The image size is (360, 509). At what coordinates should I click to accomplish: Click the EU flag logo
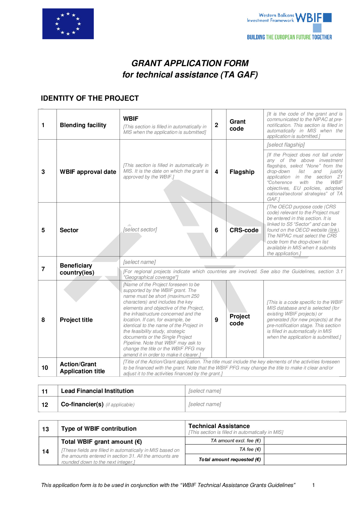(x=68, y=24)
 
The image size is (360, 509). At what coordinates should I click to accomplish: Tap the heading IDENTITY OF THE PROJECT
(x=90, y=98)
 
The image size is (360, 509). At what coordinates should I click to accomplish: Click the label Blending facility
(x=83, y=125)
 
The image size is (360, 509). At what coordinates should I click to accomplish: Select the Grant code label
(x=237, y=125)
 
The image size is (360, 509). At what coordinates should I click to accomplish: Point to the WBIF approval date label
(x=88, y=172)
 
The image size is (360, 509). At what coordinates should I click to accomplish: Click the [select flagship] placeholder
(x=286, y=145)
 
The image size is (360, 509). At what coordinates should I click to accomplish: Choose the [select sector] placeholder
(x=140, y=230)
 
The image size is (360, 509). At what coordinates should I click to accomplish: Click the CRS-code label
(x=244, y=230)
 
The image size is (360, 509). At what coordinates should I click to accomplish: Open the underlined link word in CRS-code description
(x=334, y=230)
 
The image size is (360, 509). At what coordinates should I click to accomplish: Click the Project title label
(x=76, y=320)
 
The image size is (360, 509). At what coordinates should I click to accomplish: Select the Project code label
(x=240, y=320)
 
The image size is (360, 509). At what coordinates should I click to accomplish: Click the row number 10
(x=45, y=368)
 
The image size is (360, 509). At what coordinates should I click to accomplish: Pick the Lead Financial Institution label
(x=97, y=391)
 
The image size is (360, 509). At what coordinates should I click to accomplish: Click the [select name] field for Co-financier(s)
(x=205, y=404)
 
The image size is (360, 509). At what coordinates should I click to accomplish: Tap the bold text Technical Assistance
(x=219, y=426)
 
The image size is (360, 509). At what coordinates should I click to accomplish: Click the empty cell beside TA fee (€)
(x=305, y=450)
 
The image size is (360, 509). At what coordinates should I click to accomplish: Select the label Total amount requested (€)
(x=230, y=459)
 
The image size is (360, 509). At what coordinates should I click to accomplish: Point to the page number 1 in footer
(x=313, y=485)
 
